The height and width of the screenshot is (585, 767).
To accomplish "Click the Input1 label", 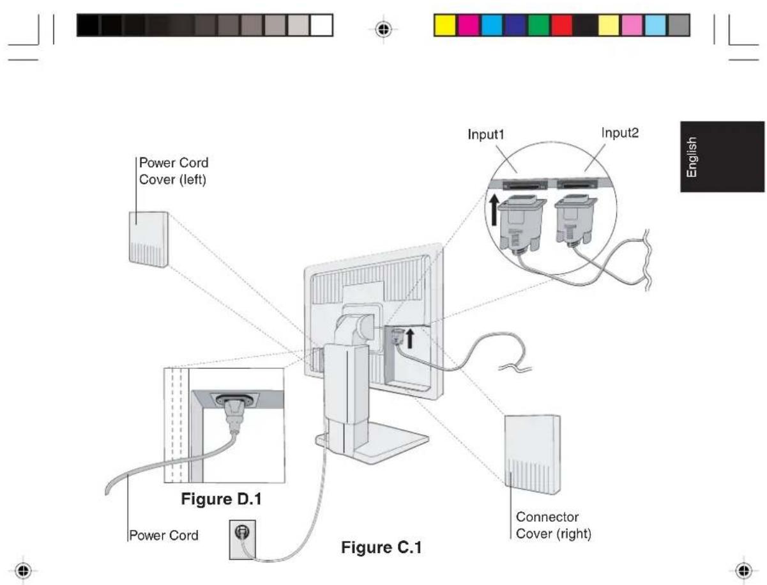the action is tap(485, 135).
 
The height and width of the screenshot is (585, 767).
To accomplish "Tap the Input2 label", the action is tap(619, 133).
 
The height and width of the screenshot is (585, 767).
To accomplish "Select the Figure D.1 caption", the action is tap(221, 499).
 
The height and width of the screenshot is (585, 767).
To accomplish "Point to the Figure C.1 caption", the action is tap(381, 547).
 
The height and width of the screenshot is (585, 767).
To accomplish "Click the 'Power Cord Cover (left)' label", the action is tap(173, 171).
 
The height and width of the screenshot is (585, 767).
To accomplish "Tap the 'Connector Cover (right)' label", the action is tap(553, 525).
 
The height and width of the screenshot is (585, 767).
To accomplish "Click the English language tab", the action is tap(722, 157).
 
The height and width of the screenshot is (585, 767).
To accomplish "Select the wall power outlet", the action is tap(242, 540).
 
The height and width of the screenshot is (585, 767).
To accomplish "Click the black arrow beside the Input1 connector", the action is tap(494, 210).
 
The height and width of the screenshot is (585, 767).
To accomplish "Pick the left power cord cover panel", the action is tap(149, 240).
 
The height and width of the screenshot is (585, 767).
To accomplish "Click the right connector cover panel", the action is tap(532, 455).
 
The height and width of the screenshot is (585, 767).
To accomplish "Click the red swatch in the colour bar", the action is tap(562, 25).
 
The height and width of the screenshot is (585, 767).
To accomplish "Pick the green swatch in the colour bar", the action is tap(538, 25).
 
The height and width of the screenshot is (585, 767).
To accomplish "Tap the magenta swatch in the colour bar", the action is tap(468, 25).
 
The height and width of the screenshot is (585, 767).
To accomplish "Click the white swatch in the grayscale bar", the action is tap(321, 25).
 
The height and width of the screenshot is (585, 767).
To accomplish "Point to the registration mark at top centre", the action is tap(383, 29).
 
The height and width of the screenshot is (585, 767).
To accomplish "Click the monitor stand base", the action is tap(372, 443).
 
